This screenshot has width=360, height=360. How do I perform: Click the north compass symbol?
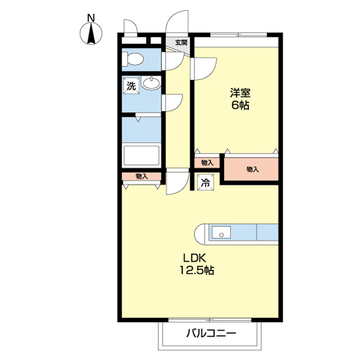pos(91,34)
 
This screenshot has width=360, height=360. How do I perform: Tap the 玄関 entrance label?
pos(181,43)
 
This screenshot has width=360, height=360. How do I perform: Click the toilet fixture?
pos(133,59)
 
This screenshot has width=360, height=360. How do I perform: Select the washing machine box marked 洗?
pos(131,86)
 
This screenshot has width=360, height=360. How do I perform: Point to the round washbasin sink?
pos(151,83)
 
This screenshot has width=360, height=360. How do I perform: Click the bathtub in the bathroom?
pos(141,155)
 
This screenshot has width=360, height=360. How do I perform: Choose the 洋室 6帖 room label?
pos(240,99)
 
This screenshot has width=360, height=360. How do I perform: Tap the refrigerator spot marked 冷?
pos(205,182)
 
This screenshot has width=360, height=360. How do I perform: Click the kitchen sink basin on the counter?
pos(221,232)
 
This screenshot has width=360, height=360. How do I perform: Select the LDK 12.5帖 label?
pos(197,264)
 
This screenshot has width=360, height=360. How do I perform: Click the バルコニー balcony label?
pos(211,333)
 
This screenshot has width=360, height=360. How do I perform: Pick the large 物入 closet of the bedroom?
pos(251,169)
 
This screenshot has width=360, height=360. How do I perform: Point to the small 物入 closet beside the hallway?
pos(207,163)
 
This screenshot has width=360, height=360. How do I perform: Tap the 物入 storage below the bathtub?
pos(141,176)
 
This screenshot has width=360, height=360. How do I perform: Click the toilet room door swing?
pos(173,61)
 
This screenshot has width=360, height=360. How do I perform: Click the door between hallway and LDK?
pos(177,182)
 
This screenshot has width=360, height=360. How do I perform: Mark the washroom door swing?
pos(172,103)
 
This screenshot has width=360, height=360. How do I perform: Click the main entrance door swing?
pos(177,22)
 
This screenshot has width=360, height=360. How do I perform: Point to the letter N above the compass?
pos(91,18)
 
